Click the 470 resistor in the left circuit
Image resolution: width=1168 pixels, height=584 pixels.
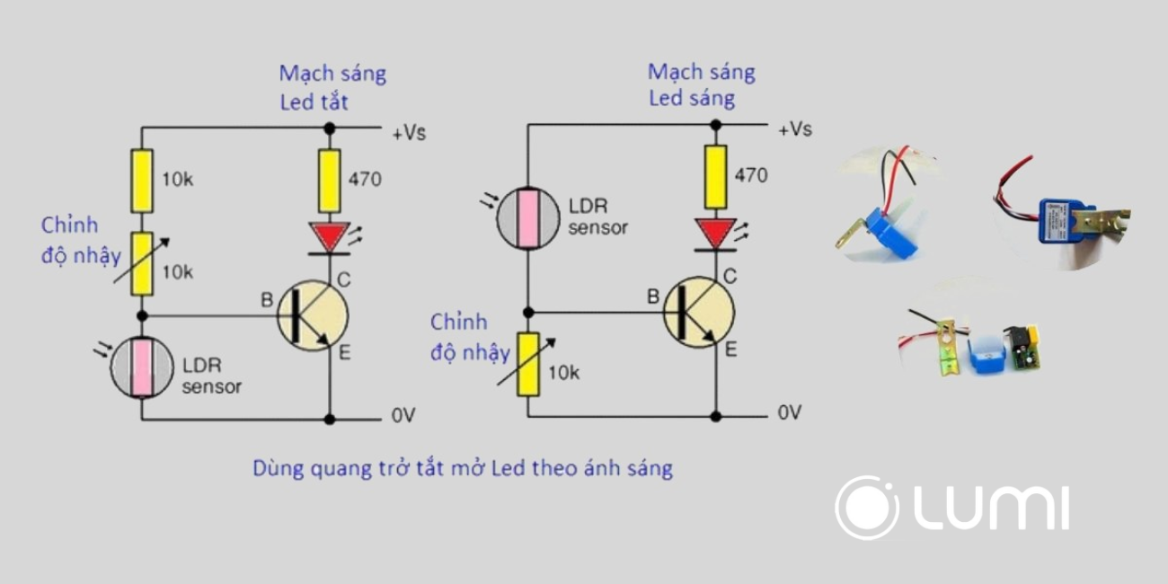pyautogui.click(x=330, y=179)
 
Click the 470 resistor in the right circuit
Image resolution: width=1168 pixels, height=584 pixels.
pyautogui.click(x=716, y=174)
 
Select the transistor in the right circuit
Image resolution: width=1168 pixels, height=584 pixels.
pyautogui.click(x=698, y=312)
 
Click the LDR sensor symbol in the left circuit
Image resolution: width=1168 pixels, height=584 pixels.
pyautogui.click(x=141, y=367)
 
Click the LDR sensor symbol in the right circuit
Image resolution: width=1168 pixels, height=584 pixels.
pyautogui.click(x=528, y=216)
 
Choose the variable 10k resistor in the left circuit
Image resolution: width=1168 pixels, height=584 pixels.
pyautogui.click(x=141, y=263)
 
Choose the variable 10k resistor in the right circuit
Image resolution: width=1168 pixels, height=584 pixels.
pyautogui.click(x=528, y=364)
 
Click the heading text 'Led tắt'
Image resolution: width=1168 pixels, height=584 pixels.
pyautogui.click(x=314, y=102)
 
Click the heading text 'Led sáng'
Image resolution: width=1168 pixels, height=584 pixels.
pyautogui.click(x=692, y=98)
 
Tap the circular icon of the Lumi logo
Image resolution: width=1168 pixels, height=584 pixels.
pyautogui.click(x=867, y=508)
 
